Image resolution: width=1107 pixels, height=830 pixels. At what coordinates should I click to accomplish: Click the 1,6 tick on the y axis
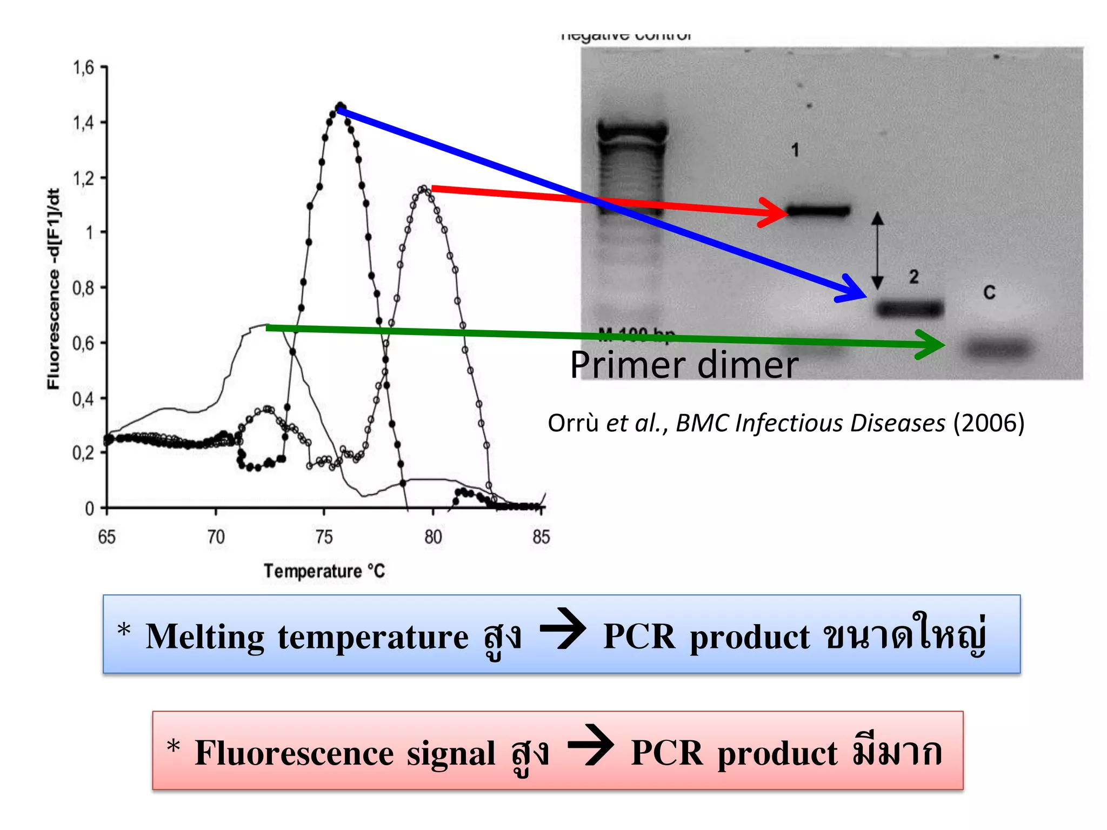[84, 68]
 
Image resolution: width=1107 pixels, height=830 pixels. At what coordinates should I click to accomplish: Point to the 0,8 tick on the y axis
[83, 288]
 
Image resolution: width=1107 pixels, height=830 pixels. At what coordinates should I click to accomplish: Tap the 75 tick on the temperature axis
[324, 537]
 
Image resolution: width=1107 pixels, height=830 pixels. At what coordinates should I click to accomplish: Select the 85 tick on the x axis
[541, 537]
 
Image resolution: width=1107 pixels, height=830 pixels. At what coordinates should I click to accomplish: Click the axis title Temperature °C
[324, 571]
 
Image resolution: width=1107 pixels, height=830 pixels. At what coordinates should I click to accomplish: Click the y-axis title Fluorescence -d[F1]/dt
[53, 289]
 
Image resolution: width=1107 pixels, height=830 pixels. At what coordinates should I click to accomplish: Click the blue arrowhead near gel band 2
[854, 291]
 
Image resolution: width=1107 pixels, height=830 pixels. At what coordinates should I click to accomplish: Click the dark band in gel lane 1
[818, 211]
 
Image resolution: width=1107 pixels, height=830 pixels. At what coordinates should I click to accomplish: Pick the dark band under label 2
[910, 309]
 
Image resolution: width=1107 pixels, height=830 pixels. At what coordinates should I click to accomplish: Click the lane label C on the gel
[989, 293]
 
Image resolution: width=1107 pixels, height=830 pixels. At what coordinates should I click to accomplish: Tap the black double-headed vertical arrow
[877, 251]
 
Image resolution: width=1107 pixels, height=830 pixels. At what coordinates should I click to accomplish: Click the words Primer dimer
[684, 365]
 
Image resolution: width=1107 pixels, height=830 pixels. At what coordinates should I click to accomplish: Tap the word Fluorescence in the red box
[294, 753]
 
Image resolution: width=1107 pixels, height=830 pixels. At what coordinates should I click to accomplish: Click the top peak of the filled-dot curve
[340, 106]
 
